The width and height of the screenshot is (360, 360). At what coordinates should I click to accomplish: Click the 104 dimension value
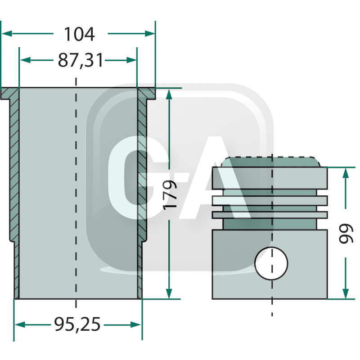coord(79,34)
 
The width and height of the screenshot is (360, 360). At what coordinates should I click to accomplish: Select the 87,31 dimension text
coord(81,60)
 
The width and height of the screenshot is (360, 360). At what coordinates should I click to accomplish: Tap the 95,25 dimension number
coord(77,324)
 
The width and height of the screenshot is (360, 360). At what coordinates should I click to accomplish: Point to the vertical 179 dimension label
coord(170,195)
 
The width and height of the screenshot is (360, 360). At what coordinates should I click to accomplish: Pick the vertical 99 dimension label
coord(346,233)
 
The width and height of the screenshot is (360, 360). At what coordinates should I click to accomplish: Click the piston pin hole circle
coord(271,263)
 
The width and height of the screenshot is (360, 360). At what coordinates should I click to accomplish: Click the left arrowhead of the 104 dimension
coord(7,33)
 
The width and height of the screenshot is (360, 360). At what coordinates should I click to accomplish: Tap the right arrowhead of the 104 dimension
coord(150,33)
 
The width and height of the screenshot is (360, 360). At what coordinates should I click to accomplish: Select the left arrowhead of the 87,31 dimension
coord(25,60)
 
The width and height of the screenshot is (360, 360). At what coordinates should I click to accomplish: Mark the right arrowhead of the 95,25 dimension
coord(136,324)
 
